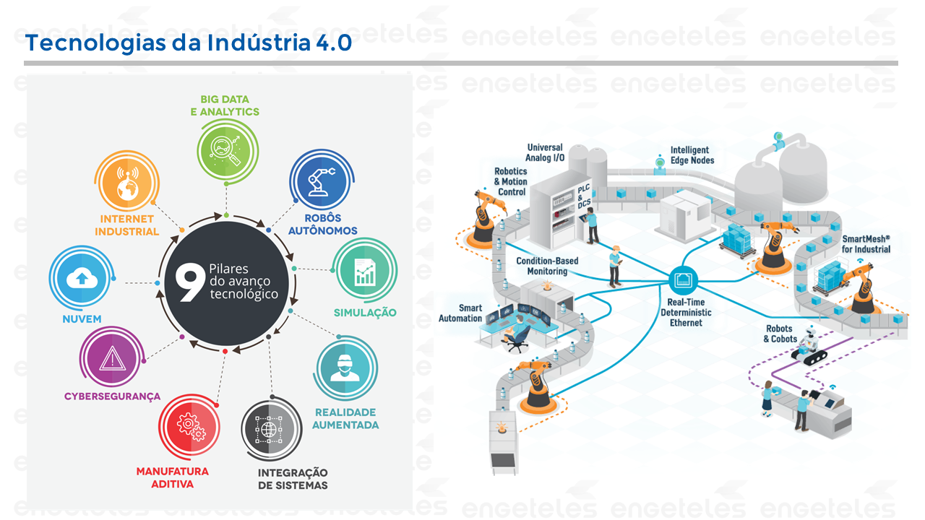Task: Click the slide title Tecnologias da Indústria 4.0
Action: (x=189, y=43)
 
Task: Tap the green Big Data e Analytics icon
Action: (x=227, y=151)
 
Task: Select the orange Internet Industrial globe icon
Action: (x=127, y=181)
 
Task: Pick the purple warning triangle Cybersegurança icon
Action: (x=112, y=357)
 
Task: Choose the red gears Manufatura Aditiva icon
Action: (x=189, y=426)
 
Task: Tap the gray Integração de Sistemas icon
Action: (x=271, y=429)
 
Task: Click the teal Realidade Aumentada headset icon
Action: (x=345, y=368)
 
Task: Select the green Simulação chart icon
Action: (x=365, y=270)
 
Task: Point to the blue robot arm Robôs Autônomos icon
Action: (x=322, y=181)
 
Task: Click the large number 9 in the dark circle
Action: (x=189, y=282)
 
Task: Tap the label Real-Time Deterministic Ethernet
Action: (x=686, y=313)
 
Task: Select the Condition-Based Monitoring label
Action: (x=547, y=266)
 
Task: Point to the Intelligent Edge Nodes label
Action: (x=692, y=155)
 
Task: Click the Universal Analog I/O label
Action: (x=545, y=152)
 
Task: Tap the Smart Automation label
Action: (x=460, y=313)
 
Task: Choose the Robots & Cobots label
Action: (x=780, y=334)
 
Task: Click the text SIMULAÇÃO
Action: (x=365, y=313)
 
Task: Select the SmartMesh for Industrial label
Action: (x=866, y=244)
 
